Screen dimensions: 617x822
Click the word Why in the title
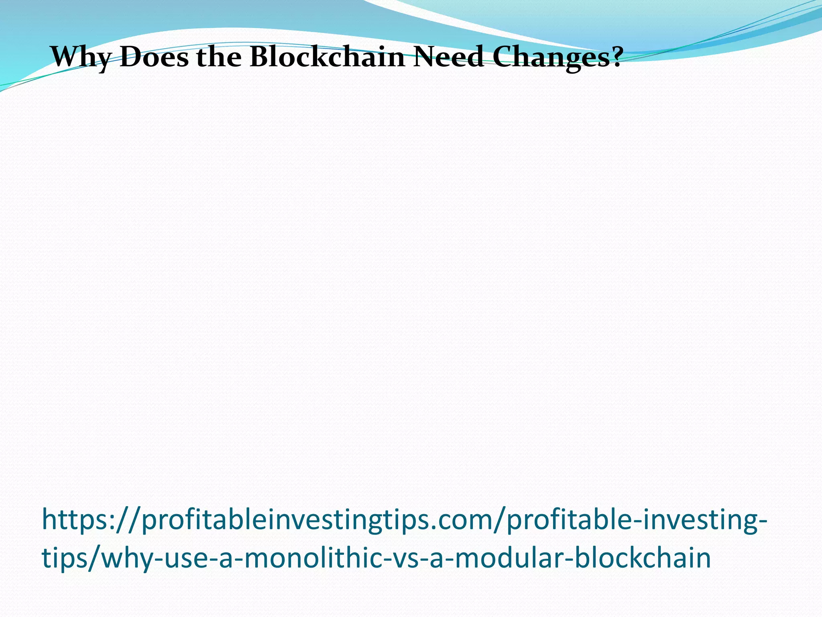tap(80, 57)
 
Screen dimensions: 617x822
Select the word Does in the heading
tap(154, 57)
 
